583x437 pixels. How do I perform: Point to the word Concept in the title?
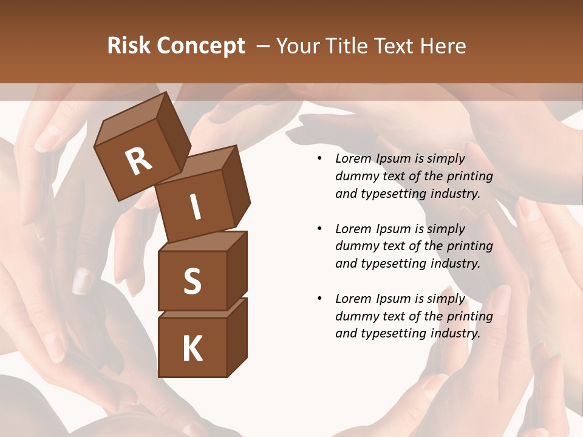pyautogui.click(x=200, y=47)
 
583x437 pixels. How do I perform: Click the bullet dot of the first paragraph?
pyautogui.click(x=319, y=159)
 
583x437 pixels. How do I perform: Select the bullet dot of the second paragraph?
pyautogui.click(x=319, y=229)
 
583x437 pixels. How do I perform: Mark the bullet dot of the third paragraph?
pyautogui.click(x=319, y=299)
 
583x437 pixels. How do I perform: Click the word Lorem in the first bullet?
pyautogui.click(x=353, y=159)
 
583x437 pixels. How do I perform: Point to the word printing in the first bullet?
pyautogui.click(x=470, y=177)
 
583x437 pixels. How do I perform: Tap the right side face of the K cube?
pyautogui.click(x=237, y=338)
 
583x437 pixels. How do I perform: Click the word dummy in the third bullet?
pyautogui.click(x=356, y=316)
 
